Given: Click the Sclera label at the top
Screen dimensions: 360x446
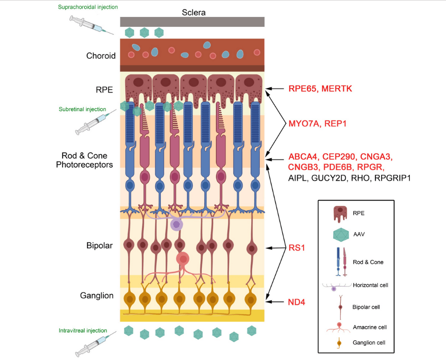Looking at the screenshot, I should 193,12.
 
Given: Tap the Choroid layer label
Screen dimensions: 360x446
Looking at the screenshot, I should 101,56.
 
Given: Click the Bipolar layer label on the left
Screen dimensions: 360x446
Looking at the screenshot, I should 99,245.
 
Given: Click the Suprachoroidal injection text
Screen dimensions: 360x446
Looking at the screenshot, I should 88,7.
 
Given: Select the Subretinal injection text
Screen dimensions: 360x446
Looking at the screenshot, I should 82,109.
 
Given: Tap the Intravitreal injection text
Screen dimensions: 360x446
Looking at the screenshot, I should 83,330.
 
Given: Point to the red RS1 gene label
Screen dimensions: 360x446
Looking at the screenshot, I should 296,247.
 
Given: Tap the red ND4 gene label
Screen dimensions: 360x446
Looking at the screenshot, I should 296,302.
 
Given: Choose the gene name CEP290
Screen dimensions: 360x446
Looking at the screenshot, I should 340,157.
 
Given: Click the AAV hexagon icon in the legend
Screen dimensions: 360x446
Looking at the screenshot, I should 340,235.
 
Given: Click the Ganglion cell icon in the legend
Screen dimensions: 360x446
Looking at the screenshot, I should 339,343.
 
